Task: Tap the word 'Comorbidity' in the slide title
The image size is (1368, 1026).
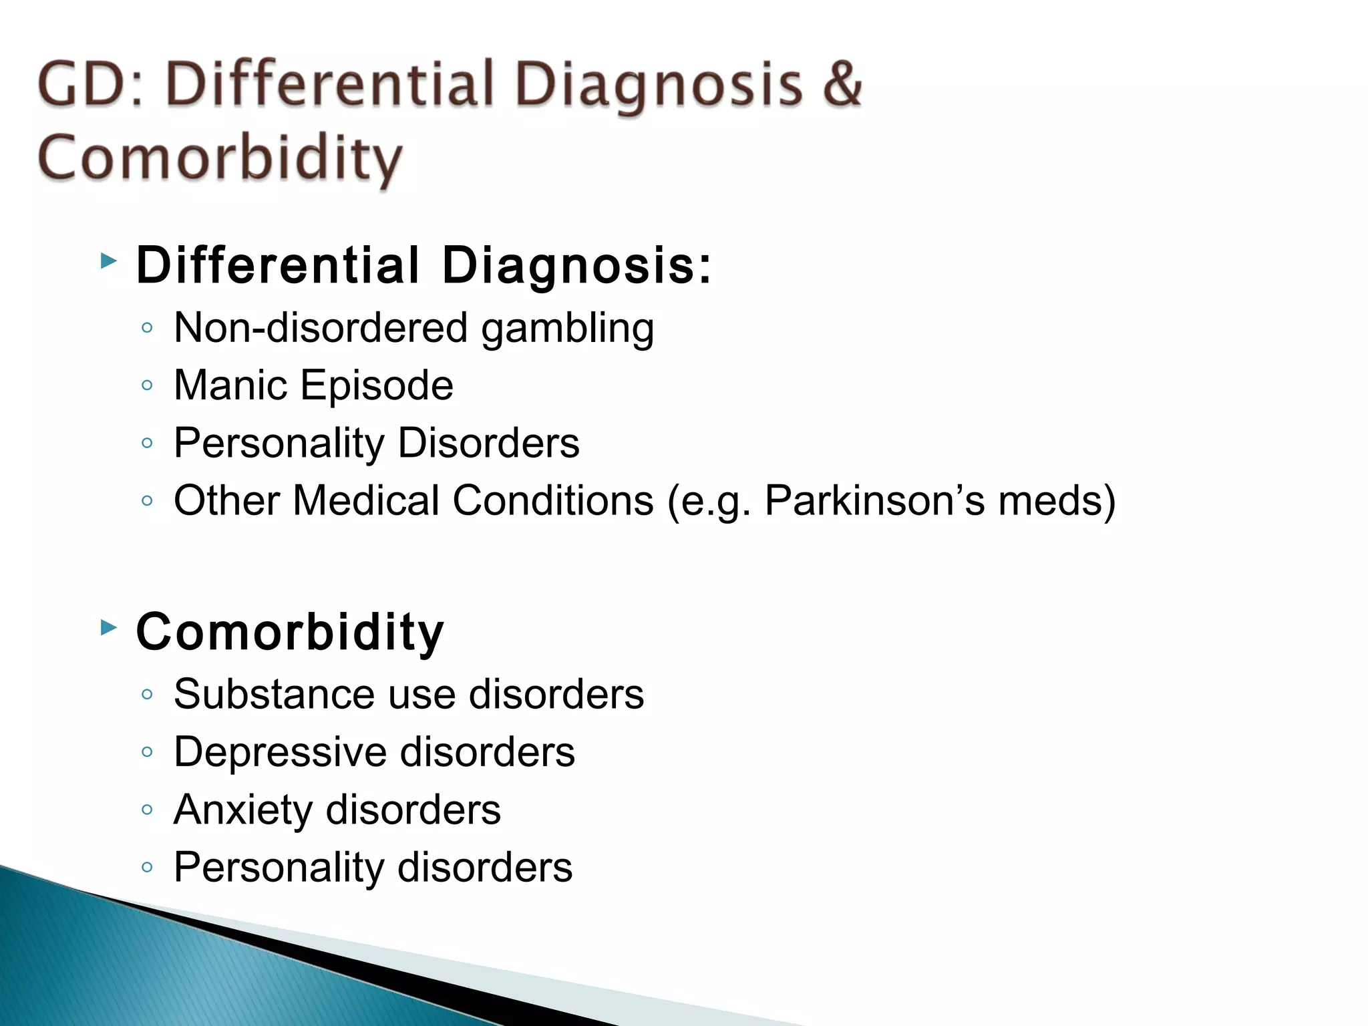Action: click(220, 159)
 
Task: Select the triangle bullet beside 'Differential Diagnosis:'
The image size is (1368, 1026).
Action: click(108, 261)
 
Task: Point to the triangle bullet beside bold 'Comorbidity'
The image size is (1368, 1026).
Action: click(108, 627)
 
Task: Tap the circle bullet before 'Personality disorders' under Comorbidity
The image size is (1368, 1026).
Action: click(148, 868)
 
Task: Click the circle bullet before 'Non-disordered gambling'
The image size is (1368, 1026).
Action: click(148, 328)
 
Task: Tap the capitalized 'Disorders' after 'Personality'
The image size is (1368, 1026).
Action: click(488, 443)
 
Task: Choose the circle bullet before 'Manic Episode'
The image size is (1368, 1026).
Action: click(148, 385)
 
